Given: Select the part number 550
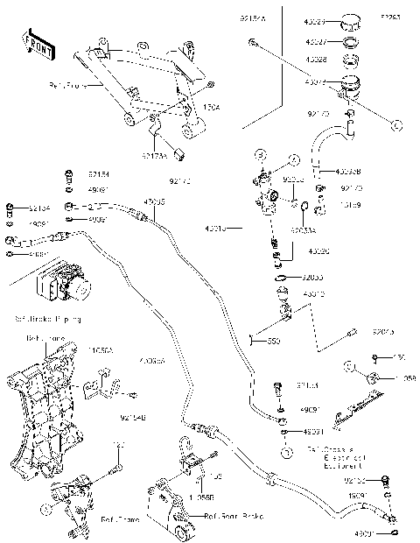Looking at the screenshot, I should (x=274, y=340).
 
